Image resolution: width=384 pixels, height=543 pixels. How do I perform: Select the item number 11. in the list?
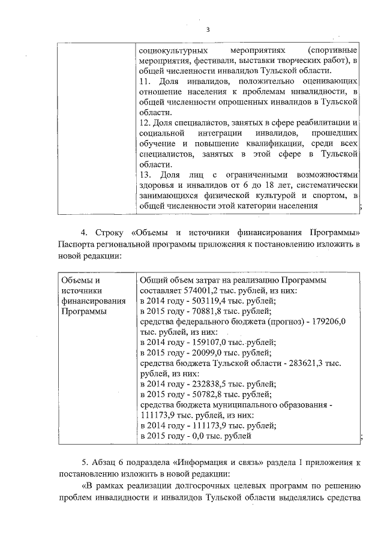click(x=145, y=80)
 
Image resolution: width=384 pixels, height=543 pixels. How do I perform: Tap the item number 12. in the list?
click(x=145, y=122)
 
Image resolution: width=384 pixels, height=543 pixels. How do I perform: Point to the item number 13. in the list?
click(x=145, y=175)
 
